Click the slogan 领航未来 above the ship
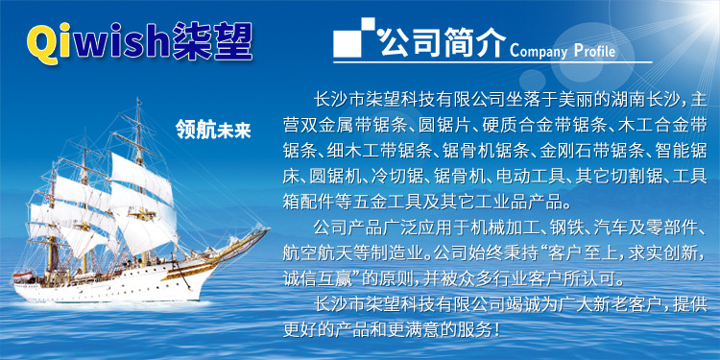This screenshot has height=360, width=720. pyautogui.click(x=212, y=129)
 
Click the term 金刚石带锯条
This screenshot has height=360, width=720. pyautogui.click(x=590, y=151)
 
